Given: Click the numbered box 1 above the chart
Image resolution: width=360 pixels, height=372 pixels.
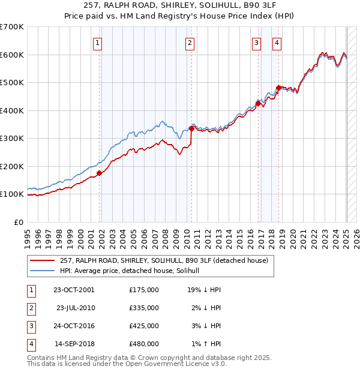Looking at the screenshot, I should [97, 43].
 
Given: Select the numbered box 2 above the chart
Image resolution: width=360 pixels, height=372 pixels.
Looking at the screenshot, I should [190, 43].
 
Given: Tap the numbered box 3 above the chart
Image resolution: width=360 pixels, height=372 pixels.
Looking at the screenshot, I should [256, 43].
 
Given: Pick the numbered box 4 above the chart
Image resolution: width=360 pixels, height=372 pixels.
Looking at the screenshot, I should [277, 43].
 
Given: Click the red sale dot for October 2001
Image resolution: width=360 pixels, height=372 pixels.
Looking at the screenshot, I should [100, 173].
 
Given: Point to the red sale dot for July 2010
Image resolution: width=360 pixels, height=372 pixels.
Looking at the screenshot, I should [191, 128].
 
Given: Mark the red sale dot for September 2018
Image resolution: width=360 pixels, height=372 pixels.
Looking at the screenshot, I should [279, 88].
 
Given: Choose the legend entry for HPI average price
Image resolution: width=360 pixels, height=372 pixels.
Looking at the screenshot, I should [133, 271].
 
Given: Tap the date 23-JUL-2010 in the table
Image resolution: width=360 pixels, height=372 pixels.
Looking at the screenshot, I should [75, 308].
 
